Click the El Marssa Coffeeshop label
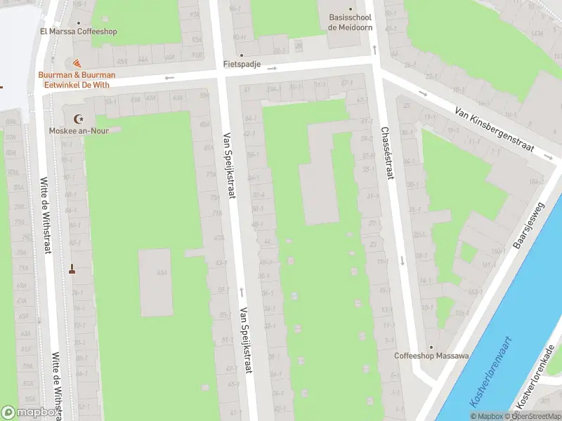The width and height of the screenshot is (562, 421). [78, 32]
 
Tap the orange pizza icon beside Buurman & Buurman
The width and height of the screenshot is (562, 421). [77, 64]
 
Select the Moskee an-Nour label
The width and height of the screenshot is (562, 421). [79, 131]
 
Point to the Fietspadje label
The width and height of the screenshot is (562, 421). [242, 64]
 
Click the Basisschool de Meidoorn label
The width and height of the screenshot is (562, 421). [350, 22]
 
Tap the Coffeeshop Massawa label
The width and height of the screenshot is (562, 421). [431, 356]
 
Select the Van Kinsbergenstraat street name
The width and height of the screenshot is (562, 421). [495, 131]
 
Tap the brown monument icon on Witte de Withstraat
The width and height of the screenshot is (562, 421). [72, 268]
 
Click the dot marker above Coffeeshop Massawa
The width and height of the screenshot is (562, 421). [431, 346]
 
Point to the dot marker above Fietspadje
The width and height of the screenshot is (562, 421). [242, 55]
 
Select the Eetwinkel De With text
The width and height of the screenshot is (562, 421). [77, 83]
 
